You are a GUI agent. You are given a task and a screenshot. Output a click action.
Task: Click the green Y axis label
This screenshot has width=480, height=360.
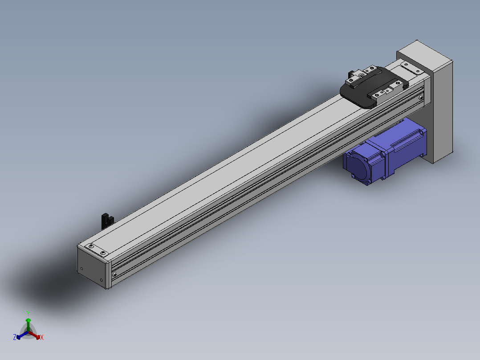[28, 313]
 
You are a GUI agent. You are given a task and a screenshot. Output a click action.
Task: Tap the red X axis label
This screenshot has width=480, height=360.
[42, 337]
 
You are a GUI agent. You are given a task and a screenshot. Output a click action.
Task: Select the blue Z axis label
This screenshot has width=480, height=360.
[14, 337]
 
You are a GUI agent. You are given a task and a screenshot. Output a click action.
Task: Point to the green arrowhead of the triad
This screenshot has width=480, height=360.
[28, 320]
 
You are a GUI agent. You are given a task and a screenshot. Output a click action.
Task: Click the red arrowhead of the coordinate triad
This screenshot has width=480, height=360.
[38, 337]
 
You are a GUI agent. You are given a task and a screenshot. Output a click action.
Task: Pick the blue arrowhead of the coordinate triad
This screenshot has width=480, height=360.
[18, 337]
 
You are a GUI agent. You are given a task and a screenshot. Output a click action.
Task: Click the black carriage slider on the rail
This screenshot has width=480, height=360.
[374, 88]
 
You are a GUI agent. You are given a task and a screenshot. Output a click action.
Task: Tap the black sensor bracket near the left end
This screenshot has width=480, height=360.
[107, 221]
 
